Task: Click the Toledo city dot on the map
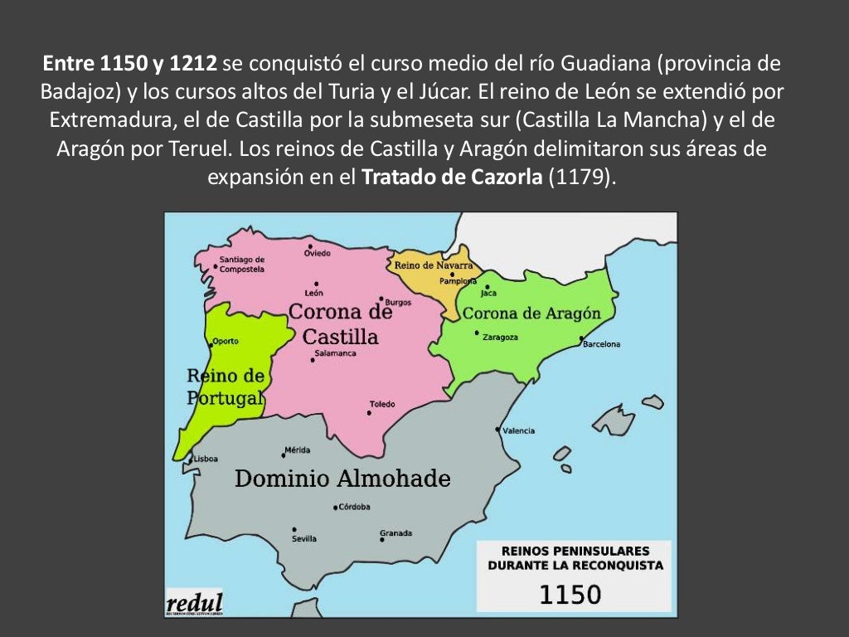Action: coord(370,412)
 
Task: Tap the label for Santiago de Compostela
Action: coord(241,264)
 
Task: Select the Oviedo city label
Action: coord(317,253)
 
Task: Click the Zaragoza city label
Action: coord(500,338)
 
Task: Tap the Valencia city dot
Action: coord(497,430)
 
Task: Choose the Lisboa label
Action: coord(206,459)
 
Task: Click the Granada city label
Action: coord(395,533)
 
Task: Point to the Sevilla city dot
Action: coord(294,529)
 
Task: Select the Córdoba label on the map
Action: coord(354,507)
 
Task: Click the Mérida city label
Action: coord(297,450)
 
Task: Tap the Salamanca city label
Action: coord(335,353)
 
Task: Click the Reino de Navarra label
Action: coord(434,265)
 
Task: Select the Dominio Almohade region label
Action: coord(342,479)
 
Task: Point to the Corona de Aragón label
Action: coord(531,314)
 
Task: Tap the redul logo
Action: coord(194,603)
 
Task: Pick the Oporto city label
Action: coord(225,341)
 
